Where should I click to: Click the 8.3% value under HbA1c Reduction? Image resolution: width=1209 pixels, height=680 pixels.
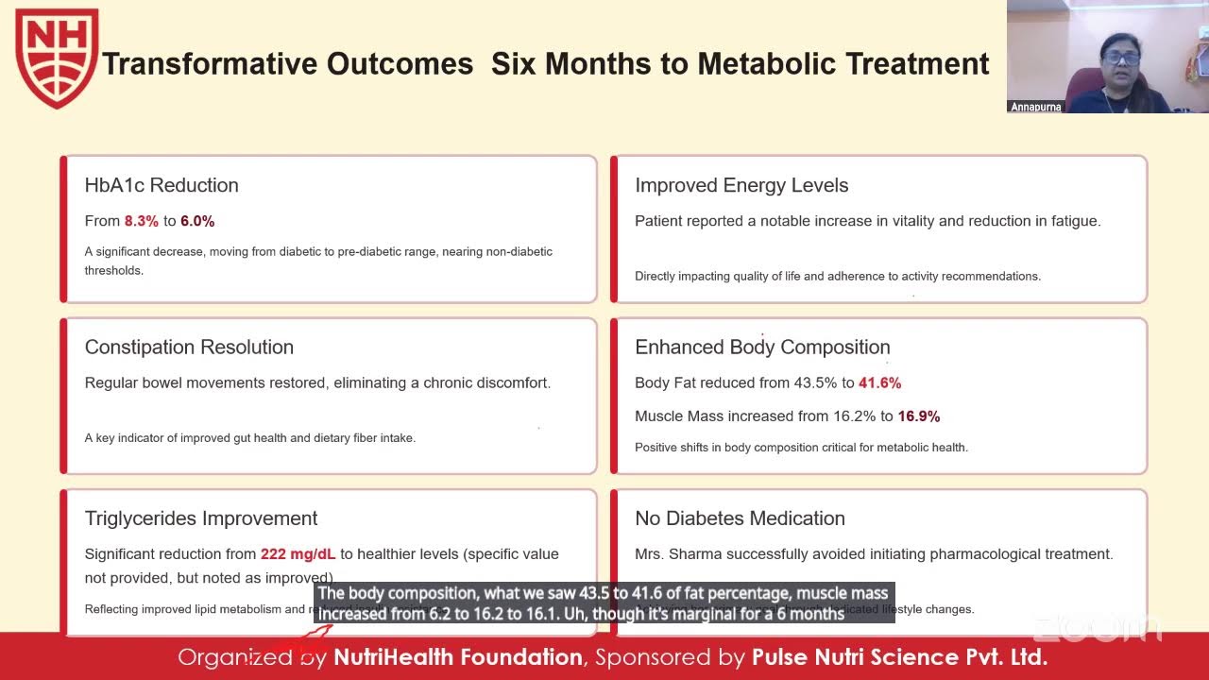point(141,221)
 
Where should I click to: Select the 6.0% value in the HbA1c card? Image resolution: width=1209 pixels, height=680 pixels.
point(197,221)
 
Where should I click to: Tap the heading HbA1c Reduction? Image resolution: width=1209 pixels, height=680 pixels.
point(162,185)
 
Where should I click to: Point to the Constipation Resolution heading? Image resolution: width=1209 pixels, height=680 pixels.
point(189,347)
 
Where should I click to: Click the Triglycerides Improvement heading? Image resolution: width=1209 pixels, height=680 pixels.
point(201,518)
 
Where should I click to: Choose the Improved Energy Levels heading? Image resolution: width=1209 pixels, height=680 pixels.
point(741,185)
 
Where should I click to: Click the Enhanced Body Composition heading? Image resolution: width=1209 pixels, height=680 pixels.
point(762,347)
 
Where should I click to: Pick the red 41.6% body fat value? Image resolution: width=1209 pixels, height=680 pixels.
point(879,383)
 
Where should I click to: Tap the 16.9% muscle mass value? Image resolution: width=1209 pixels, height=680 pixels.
point(918,416)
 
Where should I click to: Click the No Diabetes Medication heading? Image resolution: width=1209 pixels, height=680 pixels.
point(740,518)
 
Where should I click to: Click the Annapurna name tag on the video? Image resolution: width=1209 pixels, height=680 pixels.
point(1036,107)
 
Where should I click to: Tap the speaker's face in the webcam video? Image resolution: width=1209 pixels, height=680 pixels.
point(1120,59)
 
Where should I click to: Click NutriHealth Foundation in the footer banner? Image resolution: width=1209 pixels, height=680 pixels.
point(458,656)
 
